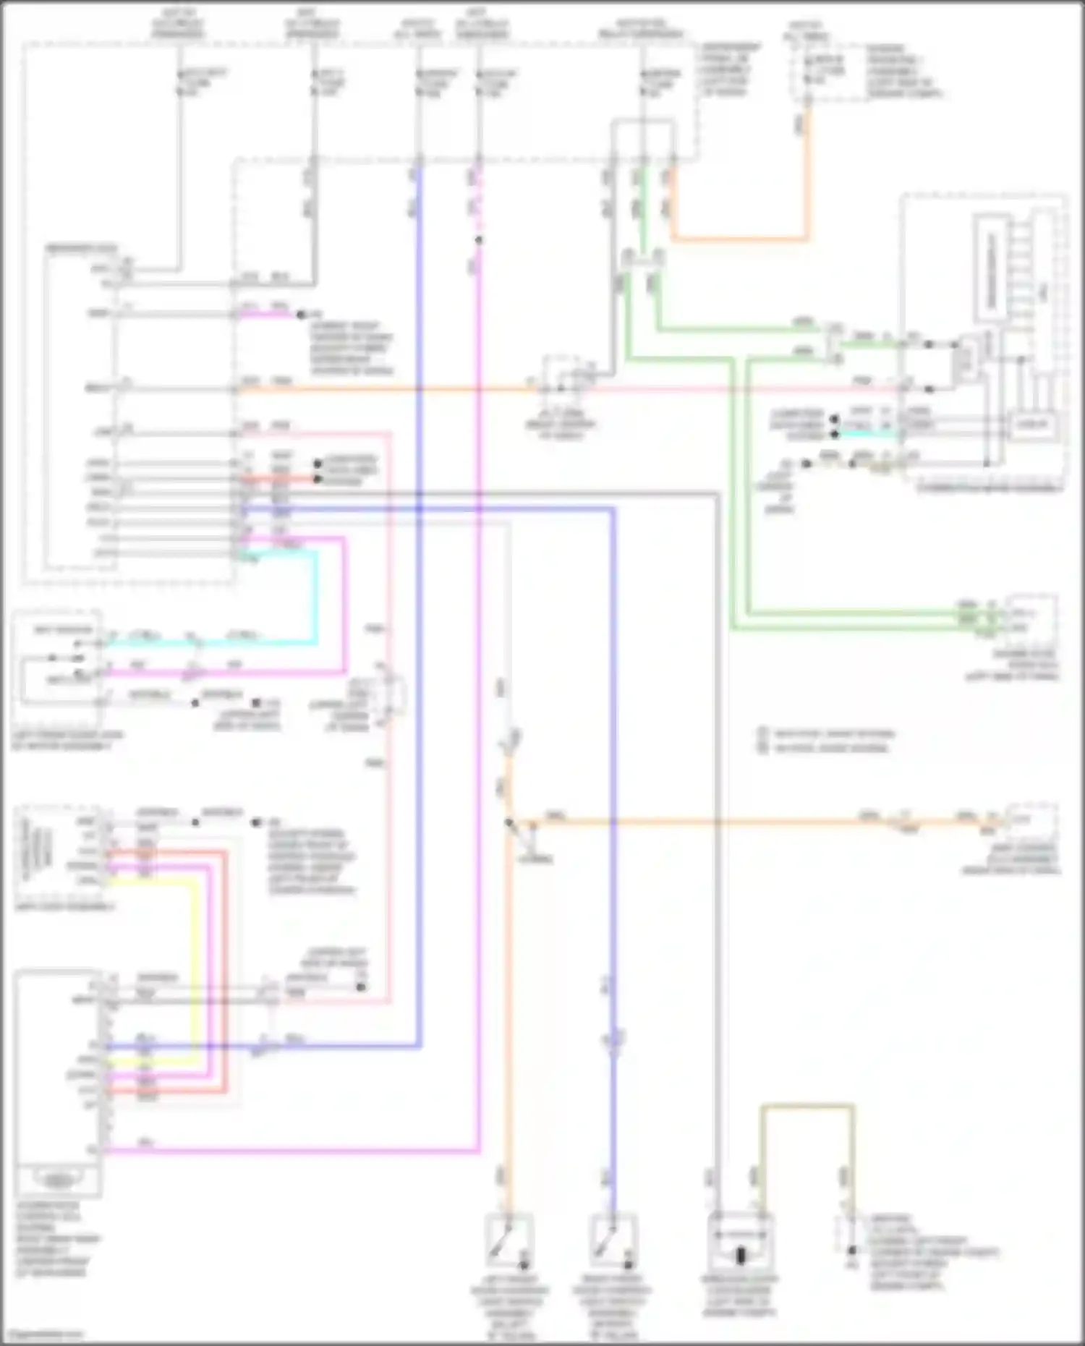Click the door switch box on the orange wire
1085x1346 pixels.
[x=510, y=1241]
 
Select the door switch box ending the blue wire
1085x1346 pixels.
[x=613, y=1241]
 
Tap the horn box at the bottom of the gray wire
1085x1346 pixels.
[x=739, y=1245]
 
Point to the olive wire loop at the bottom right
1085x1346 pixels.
[x=807, y=1107]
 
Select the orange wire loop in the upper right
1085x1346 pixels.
[x=738, y=238]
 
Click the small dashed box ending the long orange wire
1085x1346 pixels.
[x=1031, y=820]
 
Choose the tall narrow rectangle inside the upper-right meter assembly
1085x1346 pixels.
[x=991, y=268]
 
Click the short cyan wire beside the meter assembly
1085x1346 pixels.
[x=868, y=434]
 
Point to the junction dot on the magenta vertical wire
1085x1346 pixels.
[x=478, y=240]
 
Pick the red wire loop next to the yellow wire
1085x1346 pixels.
[x=224, y=969]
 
